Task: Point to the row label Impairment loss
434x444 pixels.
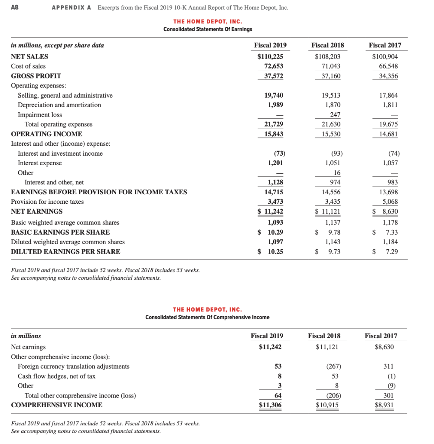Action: (39, 115)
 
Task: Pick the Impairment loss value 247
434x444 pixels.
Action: (335, 115)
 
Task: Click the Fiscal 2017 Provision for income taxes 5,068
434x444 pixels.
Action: (389, 202)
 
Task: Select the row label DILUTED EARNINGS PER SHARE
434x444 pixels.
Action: (65, 251)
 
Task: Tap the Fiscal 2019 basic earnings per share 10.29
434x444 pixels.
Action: (274, 232)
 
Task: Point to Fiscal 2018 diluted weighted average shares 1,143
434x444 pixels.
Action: (332, 242)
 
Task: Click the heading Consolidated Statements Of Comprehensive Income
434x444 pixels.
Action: (207, 317)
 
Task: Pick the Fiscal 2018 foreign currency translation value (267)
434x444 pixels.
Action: (332, 366)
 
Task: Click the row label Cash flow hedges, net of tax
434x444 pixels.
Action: (56, 376)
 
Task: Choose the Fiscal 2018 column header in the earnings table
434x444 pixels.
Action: (328, 45)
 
